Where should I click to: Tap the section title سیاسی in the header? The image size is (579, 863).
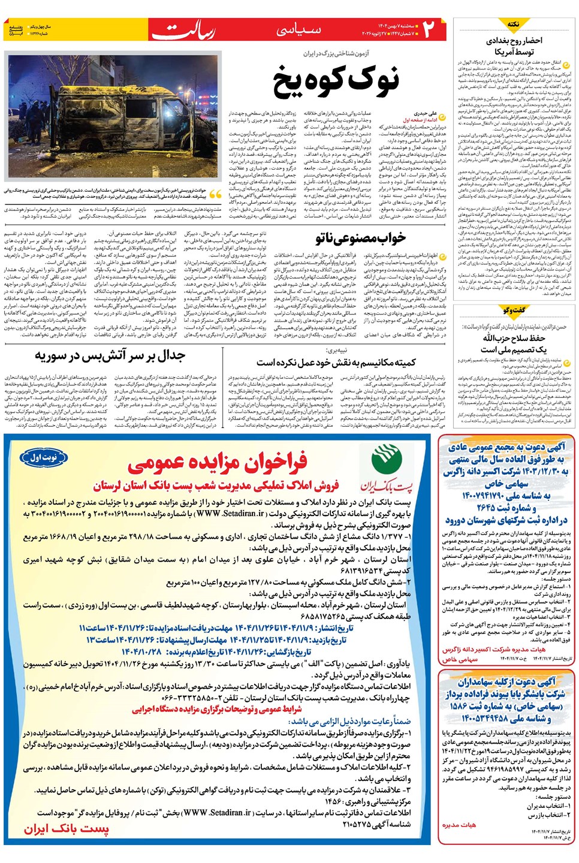[x=299, y=29]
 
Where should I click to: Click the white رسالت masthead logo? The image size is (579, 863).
[x=182, y=30]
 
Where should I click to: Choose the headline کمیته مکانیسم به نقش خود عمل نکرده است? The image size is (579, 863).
[x=336, y=363]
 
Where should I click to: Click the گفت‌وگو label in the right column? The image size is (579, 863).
[x=514, y=310]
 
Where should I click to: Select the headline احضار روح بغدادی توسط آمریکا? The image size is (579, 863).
[x=514, y=46]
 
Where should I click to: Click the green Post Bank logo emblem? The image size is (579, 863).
[x=387, y=461]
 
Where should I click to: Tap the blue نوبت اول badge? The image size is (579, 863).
[x=44, y=458]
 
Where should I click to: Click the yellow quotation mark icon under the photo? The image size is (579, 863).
[x=216, y=194]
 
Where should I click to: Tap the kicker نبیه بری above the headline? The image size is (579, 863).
[x=336, y=350]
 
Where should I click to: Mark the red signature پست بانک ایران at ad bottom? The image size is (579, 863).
[x=67, y=829]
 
